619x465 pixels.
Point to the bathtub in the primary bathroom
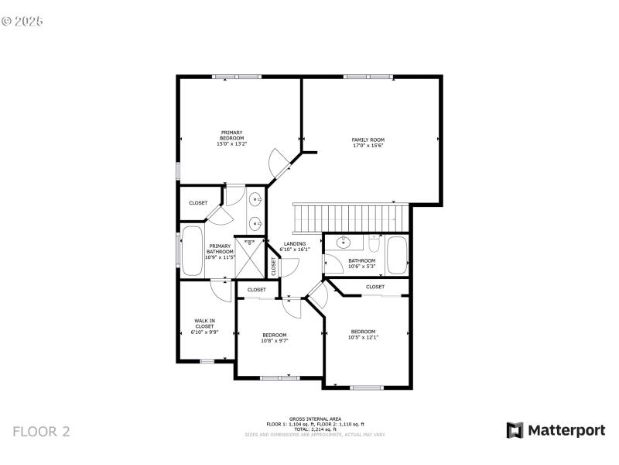click(x=192, y=250)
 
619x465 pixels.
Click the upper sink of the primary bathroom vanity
click(x=256, y=200)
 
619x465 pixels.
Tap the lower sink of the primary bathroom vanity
click(x=256, y=224)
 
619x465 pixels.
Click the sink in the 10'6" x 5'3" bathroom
click(x=346, y=243)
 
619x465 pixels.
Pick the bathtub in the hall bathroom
click(x=397, y=255)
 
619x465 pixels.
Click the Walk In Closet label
click(x=204, y=326)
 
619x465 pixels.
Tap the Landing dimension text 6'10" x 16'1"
click(x=294, y=250)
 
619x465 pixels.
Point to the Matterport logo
click(x=556, y=430)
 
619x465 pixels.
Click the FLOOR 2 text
click(x=41, y=432)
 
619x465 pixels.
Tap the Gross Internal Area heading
click(x=315, y=418)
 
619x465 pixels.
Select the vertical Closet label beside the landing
click(x=274, y=266)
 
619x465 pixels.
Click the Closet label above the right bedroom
click(x=375, y=287)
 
